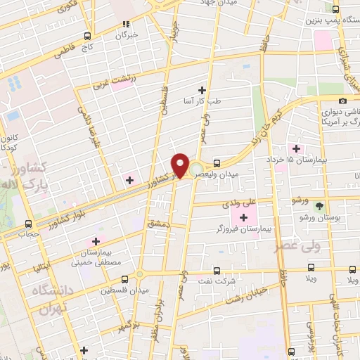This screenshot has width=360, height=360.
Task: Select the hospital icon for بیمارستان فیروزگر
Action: (x=243, y=218)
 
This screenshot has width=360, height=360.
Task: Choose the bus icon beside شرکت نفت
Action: (x=217, y=270)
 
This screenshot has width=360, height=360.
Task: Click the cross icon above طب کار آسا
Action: (x=202, y=90)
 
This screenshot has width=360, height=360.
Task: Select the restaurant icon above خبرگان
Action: (x=124, y=23)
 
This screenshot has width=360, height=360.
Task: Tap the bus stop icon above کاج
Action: (x=87, y=36)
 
